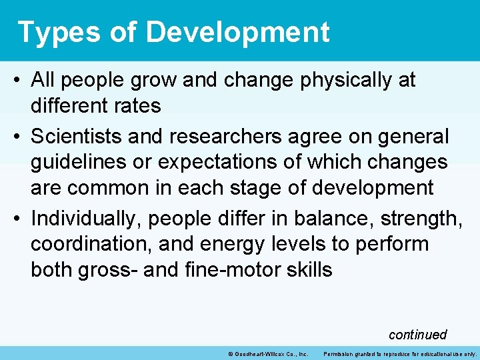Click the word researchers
click(215, 137)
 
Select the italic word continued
click(417, 335)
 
